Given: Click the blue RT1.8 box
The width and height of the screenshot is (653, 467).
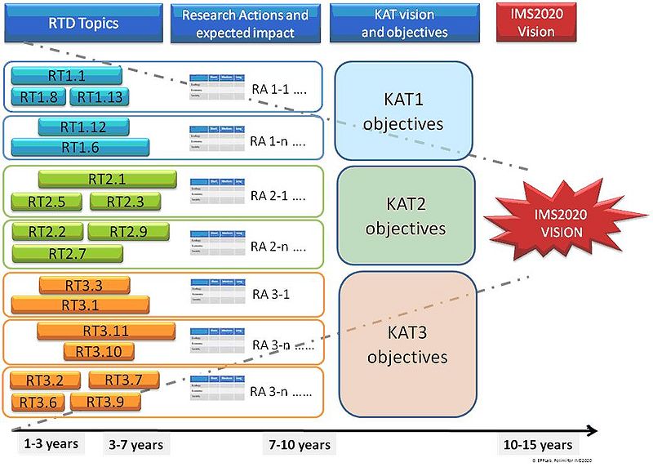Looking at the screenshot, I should [x=38, y=97].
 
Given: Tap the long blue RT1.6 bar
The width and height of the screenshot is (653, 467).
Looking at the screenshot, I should [x=80, y=147].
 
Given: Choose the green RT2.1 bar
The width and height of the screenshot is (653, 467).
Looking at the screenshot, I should [x=107, y=180].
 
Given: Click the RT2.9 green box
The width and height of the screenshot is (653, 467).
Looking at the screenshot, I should [x=127, y=232].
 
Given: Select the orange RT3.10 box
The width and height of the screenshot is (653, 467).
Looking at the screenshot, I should [x=98, y=351].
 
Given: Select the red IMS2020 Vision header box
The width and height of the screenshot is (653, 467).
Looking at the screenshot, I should [x=535, y=23].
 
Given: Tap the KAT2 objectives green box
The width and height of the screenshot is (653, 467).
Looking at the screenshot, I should [x=406, y=216].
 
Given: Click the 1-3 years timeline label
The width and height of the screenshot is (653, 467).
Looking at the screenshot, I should [x=51, y=444].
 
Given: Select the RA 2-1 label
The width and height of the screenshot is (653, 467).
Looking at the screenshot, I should [x=278, y=197].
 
